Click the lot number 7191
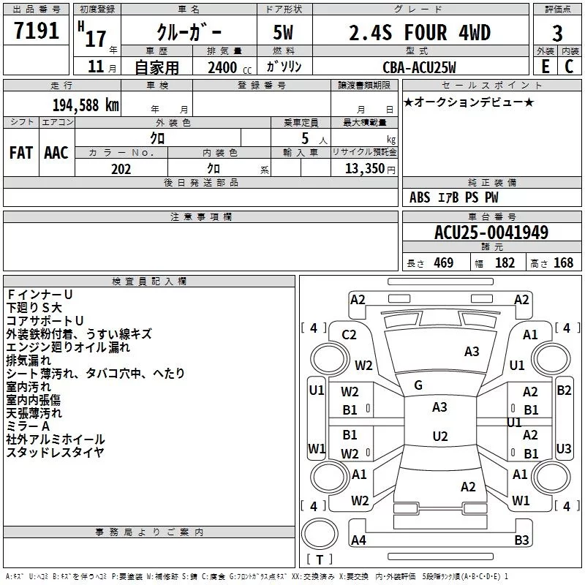[x=37, y=31]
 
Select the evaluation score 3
[x=557, y=34]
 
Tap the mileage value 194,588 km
[x=86, y=105]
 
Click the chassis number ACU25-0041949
[x=491, y=233]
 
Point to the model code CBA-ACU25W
[x=419, y=67]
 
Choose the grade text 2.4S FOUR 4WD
[x=420, y=33]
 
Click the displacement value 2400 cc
[x=230, y=68]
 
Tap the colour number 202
[x=121, y=169]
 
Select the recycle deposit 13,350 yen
[x=370, y=169]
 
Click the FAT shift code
[x=21, y=153]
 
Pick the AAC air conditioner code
[x=56, y=153]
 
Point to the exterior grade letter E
[x=545, y=67]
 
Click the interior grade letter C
[x=569, y=67]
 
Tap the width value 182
[x=505, y=263]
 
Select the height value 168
[x=563, y=263]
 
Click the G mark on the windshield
[x=418, y=385]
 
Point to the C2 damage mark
[x=349, y=335]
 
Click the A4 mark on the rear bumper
[x=358, y=540]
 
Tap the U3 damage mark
[x=563, y=448]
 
